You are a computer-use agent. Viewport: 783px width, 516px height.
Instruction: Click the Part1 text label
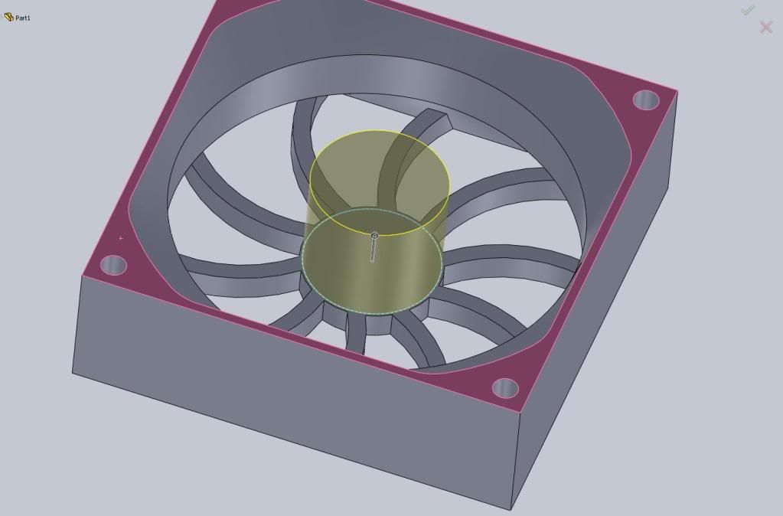pyautogui.click(x=23, y=18)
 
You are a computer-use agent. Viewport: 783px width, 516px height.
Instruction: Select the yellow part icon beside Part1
pyautogui.click(x=8, y=17)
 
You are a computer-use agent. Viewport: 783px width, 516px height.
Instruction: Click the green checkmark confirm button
pyautogui.click(x=748, y=10)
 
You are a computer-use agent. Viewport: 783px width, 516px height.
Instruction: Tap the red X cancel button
pyautogui.click(x=765, y=28)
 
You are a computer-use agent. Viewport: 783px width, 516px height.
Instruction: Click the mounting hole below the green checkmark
pyautogui.click(x=647, y=100)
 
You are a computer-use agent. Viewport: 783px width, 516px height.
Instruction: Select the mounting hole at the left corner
pyautogui.click(x=113, y=266)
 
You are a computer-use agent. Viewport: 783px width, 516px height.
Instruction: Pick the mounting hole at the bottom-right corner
pyautogui.click(x=505, y=388)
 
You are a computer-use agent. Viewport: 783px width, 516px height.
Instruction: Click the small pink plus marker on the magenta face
pyautogui.click(x=121, y=238)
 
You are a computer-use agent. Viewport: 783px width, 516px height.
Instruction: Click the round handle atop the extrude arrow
pyautogui.click(x=374, y=236)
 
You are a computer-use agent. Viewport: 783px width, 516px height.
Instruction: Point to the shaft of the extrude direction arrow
pyautogui.click(x=373, y=250)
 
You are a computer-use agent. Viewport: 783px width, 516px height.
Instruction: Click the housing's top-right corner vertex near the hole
pyautogui.click(x=677, y=91)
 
